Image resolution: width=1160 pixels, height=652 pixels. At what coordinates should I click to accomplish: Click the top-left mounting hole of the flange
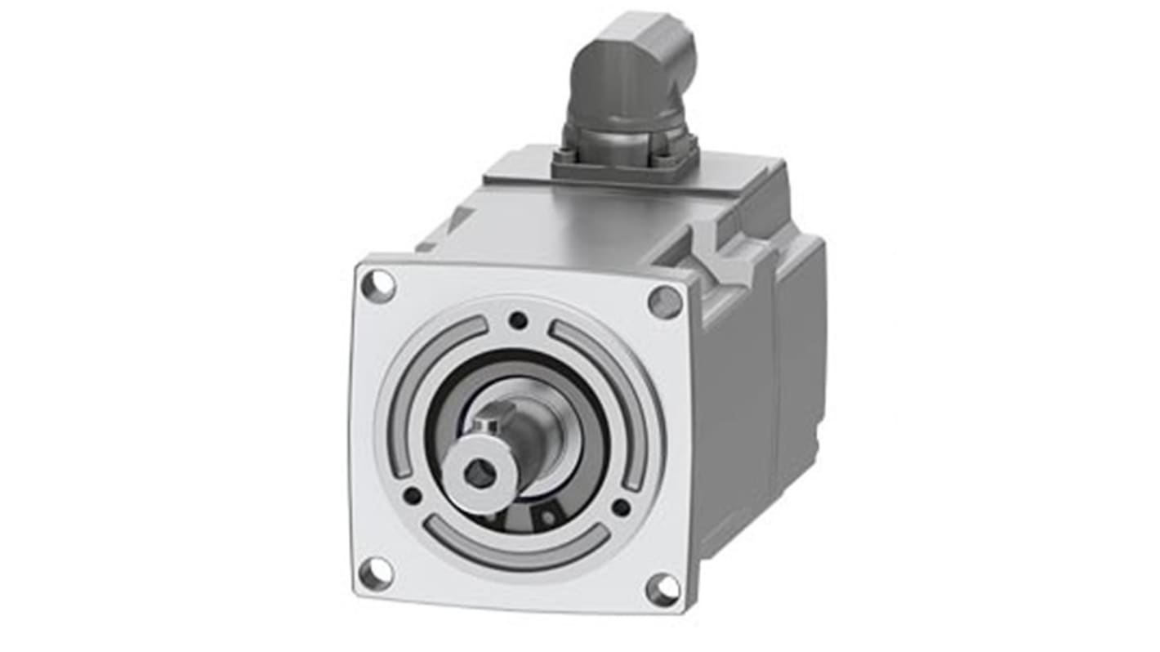pos(378,286)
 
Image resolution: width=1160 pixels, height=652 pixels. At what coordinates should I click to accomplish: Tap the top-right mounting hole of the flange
pos(665,302)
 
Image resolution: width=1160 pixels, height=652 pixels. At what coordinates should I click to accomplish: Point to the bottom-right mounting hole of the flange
pos(662,589)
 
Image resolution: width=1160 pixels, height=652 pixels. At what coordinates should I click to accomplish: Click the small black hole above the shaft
pos(517,320)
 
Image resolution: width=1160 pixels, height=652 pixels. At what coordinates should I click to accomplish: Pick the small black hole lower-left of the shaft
pos(413,495)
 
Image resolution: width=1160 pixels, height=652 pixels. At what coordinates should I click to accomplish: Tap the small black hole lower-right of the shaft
pos(621,507)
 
